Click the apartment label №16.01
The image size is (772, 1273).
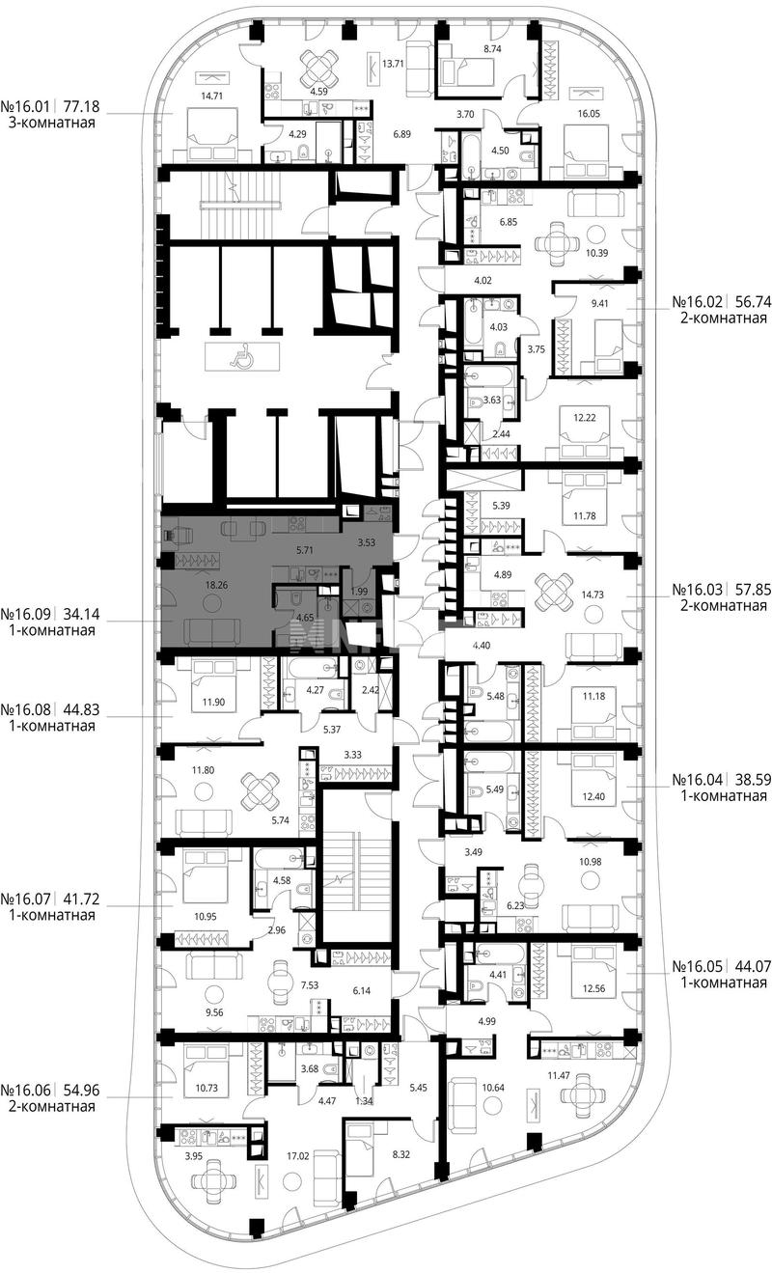pyautogui.click(x=26, y=107)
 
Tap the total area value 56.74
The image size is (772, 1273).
pyautogui.click(x=753, y=301)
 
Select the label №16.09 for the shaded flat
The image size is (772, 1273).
pyautogui.click(x=26, y=614)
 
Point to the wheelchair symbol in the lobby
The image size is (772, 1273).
pyautogui.click(x=242, y=356)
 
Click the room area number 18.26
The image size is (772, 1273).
pyautogui.click(x=216, y=585)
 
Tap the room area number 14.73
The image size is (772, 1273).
pyautogui.click(x=592, y=595)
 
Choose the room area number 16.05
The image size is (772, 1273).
pyautogui.click(x=589, y=114)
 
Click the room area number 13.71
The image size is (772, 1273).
pyautogui.click(x=393, y=64)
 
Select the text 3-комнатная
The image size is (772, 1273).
pyautogui.click(x=51, y=123)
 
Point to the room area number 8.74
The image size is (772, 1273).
pyautogui.click(x=491, y=49)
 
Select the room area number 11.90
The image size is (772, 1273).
pyautogui.click(x=213, y=702)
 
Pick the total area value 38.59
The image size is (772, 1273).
pyautogui.click(x=753, y=780)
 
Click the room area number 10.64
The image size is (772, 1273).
pyautogui.click(x=493, y=1088)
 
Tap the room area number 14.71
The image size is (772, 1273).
pyautogui.click(x=211, y=97)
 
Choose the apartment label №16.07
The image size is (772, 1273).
pyautogui.click(x=26, y=899)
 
